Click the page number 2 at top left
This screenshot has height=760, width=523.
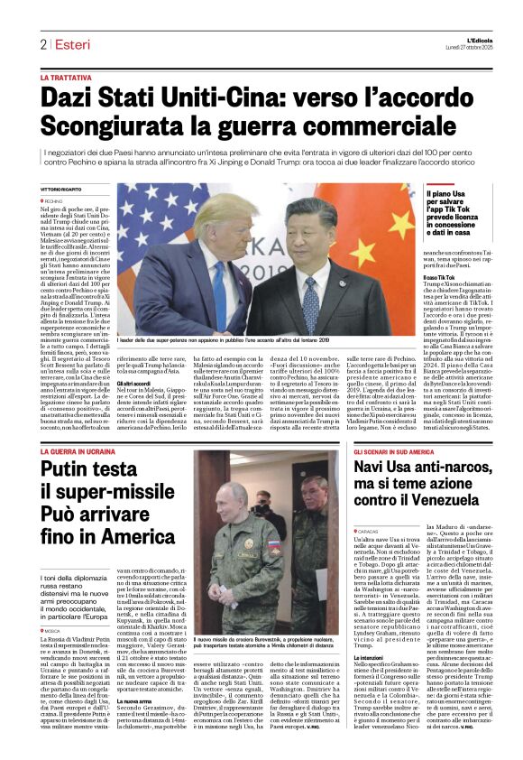[x=42, y=44]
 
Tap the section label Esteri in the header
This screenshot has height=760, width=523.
[x=70, y=44]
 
